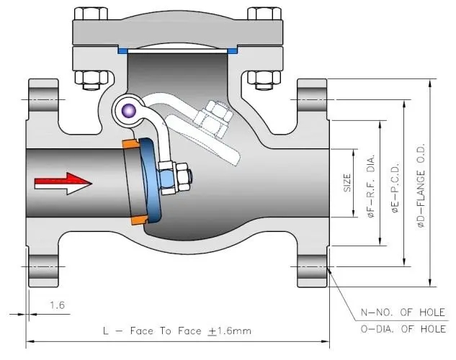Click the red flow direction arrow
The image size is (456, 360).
[63, 184]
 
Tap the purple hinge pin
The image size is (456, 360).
[129, 110]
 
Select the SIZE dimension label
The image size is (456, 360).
[347, 183]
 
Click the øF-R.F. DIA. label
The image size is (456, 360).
[372, 186]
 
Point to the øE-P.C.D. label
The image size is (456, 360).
[395, 186]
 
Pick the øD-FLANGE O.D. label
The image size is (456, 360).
[421, 185]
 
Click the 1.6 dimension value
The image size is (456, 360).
[57, 305]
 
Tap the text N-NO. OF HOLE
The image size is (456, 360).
[403, 312]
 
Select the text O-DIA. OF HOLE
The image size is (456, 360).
[403, 329]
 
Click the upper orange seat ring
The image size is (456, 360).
[130, 143]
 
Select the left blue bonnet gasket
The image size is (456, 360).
[122, 51]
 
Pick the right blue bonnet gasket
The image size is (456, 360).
[232, 51]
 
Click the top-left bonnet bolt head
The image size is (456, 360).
[91, 14]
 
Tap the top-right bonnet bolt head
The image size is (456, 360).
[264, 14]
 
